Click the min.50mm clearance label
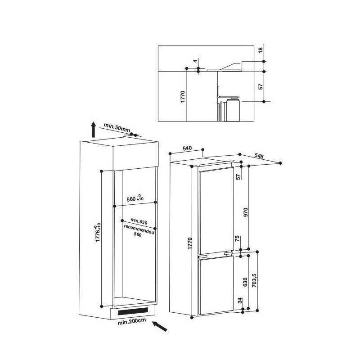click(117, 127)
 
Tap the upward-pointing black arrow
click(93, 130)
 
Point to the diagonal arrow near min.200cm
click(160, 326)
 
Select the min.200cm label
click(131, 322)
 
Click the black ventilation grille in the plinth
click(133, 311)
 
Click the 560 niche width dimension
click(135, 198)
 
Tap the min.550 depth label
click(139, 221)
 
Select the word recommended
click(139, 229)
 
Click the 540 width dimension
click(187, 148)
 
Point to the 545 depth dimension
click(259, 156)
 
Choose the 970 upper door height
click(246, 212)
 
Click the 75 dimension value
click(238, 238)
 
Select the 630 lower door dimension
click(245, 282)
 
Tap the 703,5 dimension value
click(254, 280)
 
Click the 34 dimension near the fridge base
click(240, 300)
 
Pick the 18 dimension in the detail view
click(261, 50)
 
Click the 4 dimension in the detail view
click(195, 61)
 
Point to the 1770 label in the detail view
click(183, 97)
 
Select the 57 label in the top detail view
click(261, 86)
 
